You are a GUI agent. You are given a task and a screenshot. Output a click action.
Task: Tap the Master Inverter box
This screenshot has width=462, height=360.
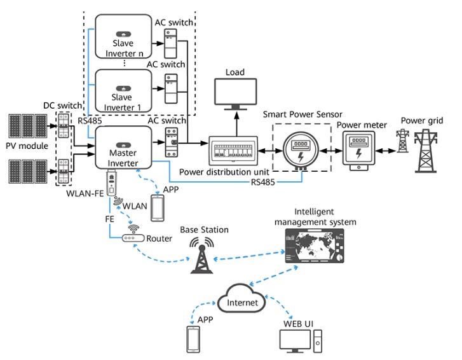(x=123, y=147)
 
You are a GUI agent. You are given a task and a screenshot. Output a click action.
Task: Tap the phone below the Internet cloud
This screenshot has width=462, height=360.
(x=193, y=338)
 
